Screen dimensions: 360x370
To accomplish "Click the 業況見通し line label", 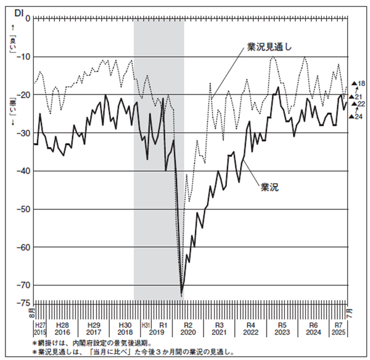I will pyautogui.click(x=269, y=47).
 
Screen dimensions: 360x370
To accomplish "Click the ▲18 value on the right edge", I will pyautogui.click(x=358, y=83).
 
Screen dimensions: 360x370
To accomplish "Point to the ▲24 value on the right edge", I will pyautogui.click(x=356, y=117).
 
